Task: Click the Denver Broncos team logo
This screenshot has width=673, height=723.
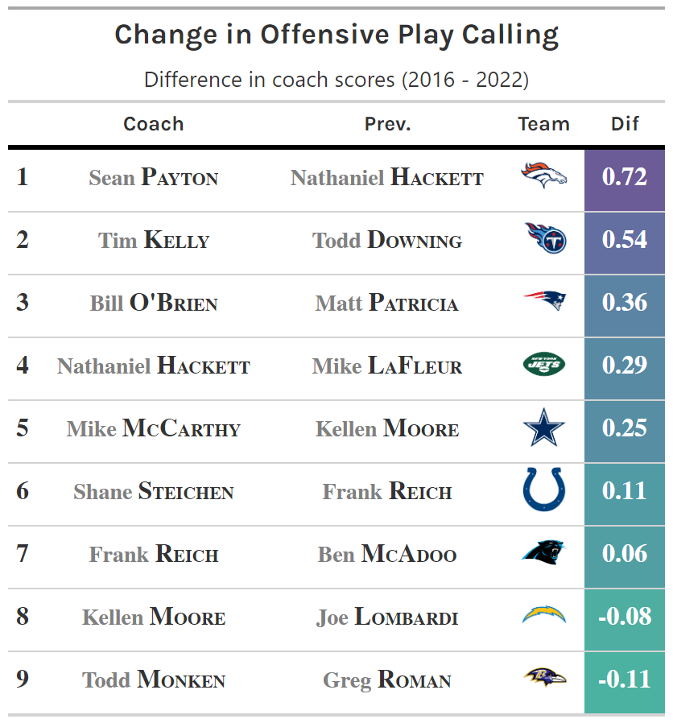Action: pyautogui.click(x=544, y=176)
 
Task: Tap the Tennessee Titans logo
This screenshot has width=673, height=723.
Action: pyautogui.click(x=544, y=239)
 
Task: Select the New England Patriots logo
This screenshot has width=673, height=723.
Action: pyautogui.click(x=544, y=302)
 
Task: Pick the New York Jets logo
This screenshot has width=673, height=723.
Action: pyautogui.click(x=544, y=365)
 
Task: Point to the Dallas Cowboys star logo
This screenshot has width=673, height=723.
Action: pyautogui.click(x=544, y=428)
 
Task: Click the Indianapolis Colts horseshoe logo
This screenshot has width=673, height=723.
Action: pyautogui.click(x=544, y=490)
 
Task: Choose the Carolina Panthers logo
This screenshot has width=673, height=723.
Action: pyautogui.click(x=544, y=553)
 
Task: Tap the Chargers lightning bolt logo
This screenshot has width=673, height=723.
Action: pyautogui.click(x=544, y=616)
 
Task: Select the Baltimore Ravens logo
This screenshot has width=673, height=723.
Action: pyautogui.click(x=544, y=679)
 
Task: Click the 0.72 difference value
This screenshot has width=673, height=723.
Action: pyautogui.click(x=625, y=177)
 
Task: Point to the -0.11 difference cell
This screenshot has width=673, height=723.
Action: pyautogui.click(x=625, y=680)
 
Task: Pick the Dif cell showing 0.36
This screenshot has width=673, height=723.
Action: pyautogui.click(x=625, y=303)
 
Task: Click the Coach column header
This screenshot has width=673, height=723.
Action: pyautogui.click(x=153, y=124)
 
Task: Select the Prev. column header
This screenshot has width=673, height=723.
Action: pyautogui.click(x=387, y=124)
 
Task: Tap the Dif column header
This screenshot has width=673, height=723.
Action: pyautogui.click(x=625, y=124)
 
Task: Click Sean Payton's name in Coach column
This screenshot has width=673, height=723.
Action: pyautogui.click(x=153, y=177)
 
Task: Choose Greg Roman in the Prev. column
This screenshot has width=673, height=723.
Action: pyautogui.click(x=387, y=680)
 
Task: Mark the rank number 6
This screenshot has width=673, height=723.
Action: pyautogui.click(x=23, y=491)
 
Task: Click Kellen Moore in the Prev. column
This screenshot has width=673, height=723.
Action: pyautogui.click(x=387, y=428)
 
